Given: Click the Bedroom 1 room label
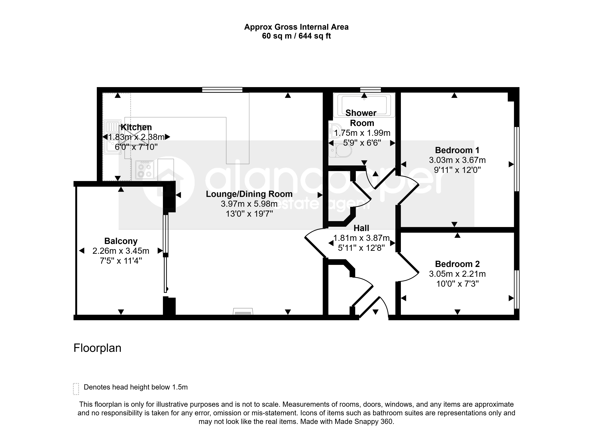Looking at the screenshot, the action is tap(457, 150).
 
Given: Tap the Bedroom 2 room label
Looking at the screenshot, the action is tap(457, 264).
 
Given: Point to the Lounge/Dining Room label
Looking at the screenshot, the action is tap(249, 194).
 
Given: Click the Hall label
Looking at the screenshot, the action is tap(361, 228).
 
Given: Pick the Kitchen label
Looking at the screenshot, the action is tap(136, 127).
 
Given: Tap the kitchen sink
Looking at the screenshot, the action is tap(113, 137).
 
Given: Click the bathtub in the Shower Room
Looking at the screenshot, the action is tap(364, 105).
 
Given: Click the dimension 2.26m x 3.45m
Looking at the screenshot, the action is tap(121, 251).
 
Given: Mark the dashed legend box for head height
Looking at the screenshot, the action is tap(76, 389).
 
